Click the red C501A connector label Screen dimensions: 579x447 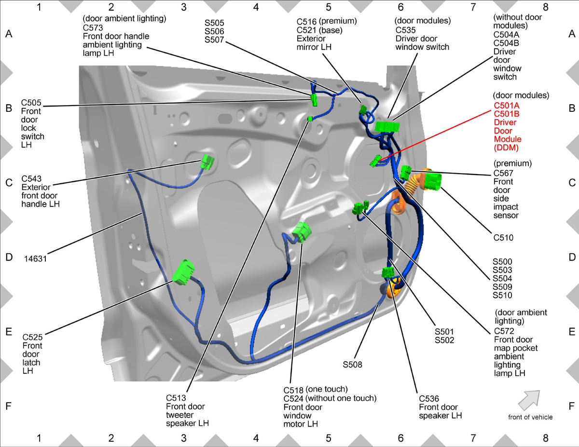[507, 106]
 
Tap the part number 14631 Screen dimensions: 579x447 [35, 258]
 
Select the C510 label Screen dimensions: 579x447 [503, 237]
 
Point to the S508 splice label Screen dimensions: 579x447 [352, 365]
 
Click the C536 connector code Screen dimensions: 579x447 [429, 399]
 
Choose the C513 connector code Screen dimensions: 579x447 [176, 398]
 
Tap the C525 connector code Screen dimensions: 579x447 [32, 338]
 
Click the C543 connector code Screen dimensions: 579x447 [31, 178]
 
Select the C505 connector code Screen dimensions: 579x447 [31, 103]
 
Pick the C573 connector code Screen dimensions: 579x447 [93, 27]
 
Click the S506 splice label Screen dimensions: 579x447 [214, 31]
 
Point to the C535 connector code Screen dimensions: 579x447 [405, 30]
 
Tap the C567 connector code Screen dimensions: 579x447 [503, 173]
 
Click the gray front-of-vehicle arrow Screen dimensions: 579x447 [530, 400]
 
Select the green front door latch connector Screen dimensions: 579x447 [183, 272]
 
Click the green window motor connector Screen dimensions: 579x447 [302, 232]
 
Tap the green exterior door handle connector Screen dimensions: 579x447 [207, 162]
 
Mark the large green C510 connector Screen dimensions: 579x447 [432, 181]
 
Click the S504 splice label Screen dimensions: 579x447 [502, 279]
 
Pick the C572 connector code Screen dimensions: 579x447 [504, 331]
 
